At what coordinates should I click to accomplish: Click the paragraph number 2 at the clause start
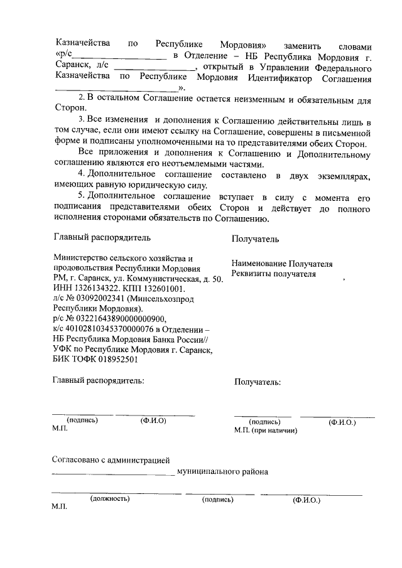[x=80, y=99]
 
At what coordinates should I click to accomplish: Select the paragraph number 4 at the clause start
[x=80, y=173]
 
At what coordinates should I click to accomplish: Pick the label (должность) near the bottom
[x=110, y=499]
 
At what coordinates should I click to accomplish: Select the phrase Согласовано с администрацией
[x=111, y=461]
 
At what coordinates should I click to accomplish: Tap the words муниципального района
[x=223, y=472]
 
